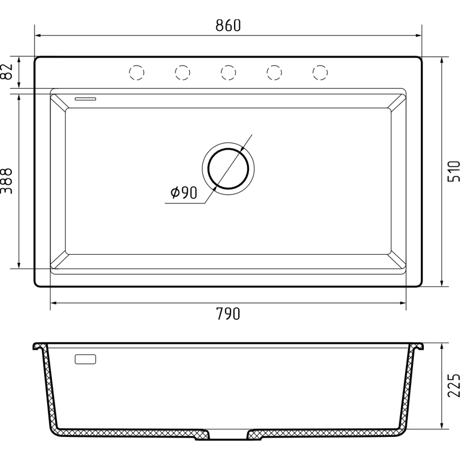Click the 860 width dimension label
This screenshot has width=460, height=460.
(228, 25)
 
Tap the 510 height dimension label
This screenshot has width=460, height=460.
(453, 171)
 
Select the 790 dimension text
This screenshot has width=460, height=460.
(228, 313)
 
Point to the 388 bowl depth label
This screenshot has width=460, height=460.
(6, 181)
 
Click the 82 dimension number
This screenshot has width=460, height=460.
(6, 71)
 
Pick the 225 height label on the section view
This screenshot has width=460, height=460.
(453, 385)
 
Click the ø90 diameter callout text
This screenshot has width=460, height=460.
(184, 193)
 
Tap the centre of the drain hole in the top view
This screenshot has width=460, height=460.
(228, 168)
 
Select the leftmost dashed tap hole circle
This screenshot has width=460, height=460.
(137, 72)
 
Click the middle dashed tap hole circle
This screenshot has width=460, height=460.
(228, 72)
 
